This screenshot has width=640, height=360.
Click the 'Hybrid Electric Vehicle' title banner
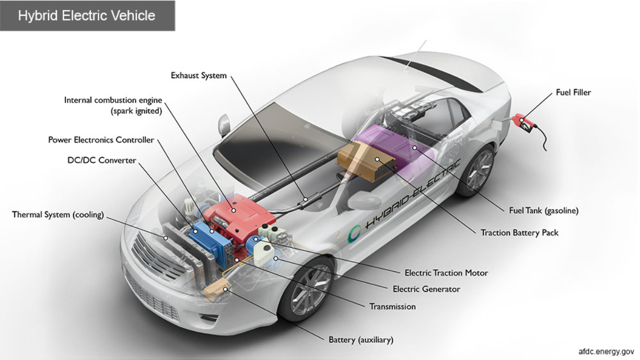click(87, 15)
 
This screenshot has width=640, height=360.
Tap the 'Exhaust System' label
click(199, 76)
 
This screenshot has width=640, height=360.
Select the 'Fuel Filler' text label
click(573, 92)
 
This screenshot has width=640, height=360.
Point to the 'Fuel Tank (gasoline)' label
click(544, 211)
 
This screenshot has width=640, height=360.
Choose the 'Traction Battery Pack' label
click(519, 233)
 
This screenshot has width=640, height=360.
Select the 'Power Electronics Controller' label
click(101, 140)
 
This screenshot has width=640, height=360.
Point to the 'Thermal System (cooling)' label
click(58, 215)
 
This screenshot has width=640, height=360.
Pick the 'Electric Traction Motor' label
click(446, 273)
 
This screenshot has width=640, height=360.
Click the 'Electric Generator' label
click(426, 289)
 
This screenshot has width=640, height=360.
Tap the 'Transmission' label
click(392, 307)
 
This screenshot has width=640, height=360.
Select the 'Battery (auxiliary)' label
click(360, 340)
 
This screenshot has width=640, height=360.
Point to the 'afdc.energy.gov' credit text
click(606, 352)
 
